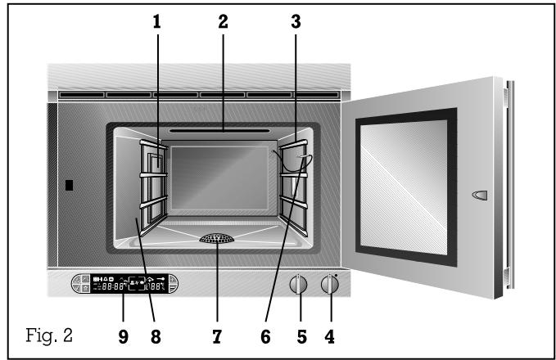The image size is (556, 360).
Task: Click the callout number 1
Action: (156, 24)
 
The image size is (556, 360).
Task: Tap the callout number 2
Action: (223, 24)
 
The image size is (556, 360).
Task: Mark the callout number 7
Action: (216, 335)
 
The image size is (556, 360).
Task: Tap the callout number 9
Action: (123, 335)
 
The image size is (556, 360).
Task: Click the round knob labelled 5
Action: (300, 286)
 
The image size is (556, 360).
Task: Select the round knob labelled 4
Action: (330, 286)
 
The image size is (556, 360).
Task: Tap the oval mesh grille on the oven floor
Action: (216, 239)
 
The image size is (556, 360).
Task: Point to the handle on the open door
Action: (479, 194)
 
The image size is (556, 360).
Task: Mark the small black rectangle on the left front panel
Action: (69, 185)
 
